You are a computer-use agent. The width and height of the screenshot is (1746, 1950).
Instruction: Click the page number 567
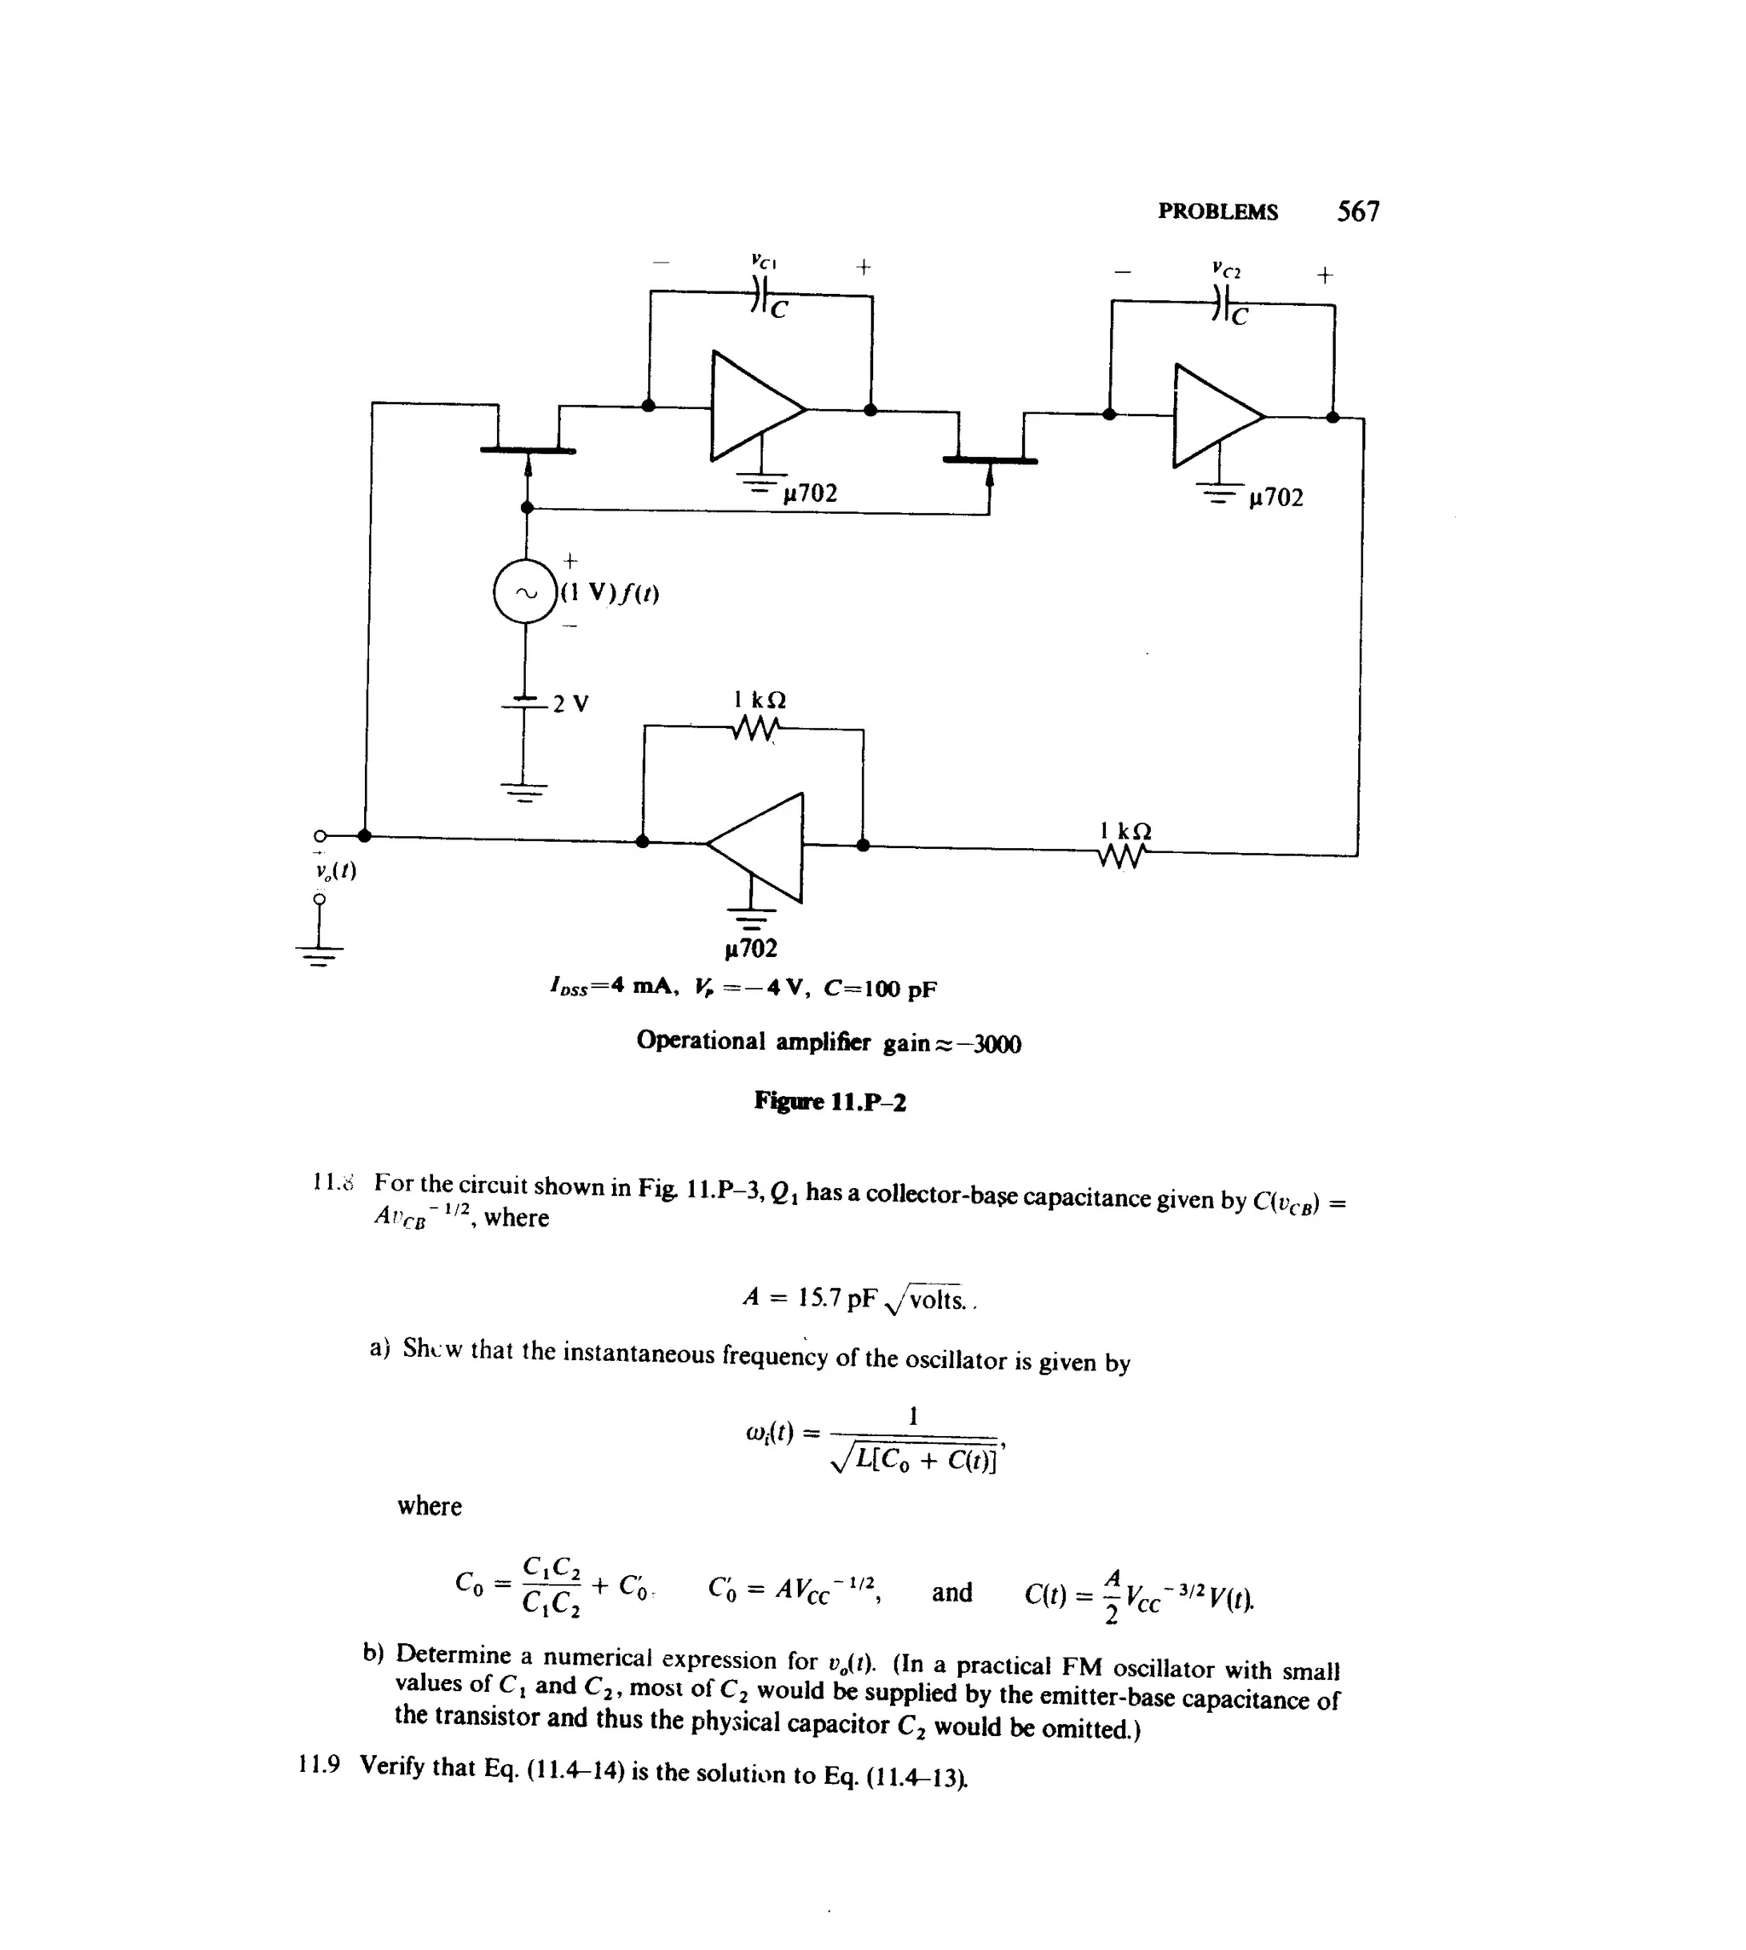tap(1357, 211)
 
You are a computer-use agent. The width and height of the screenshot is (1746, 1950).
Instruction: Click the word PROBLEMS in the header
tap(1217, 212)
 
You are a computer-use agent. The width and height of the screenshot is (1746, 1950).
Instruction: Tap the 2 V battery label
tap(571, 703)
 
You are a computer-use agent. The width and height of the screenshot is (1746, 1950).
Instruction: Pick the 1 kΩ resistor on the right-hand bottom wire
tap(1124, 855)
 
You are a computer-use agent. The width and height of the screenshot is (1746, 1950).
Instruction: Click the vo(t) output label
tap(335, 871)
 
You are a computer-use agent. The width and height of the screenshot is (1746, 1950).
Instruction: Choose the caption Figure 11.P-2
tap(830, 1101)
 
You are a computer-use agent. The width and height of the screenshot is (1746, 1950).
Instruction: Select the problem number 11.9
tap(320, 1765)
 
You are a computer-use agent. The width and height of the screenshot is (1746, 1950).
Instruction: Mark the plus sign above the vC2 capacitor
tap(1324, 275)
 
